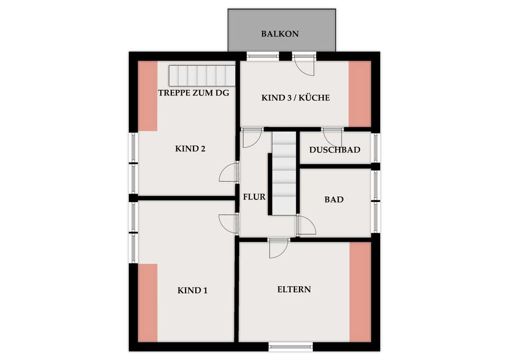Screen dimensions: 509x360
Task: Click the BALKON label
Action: (280, 34)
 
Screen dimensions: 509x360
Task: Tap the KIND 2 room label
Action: (190, 148)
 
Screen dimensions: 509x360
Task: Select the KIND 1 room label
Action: (192, 290)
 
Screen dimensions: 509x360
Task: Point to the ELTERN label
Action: (294, 289)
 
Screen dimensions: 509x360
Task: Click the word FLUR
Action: (254, 197)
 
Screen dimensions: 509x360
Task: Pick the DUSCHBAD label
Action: (335, 150)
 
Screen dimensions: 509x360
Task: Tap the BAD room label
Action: (334, 199)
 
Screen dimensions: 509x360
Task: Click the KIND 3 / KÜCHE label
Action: (296, 98)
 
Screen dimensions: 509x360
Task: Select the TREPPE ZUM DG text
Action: (194, 93)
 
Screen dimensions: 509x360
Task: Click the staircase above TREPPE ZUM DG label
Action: (202, 76)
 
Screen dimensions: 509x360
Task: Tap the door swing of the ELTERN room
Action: (278, 249)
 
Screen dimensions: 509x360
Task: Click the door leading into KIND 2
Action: (229, 173)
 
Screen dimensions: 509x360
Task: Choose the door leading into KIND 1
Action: (229, 224)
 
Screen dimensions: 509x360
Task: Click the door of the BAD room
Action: (306, 225)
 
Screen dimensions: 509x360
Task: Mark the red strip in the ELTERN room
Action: (361, 292)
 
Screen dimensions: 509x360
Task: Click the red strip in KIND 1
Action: (148, 303)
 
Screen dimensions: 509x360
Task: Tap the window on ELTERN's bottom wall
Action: (291, 347)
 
